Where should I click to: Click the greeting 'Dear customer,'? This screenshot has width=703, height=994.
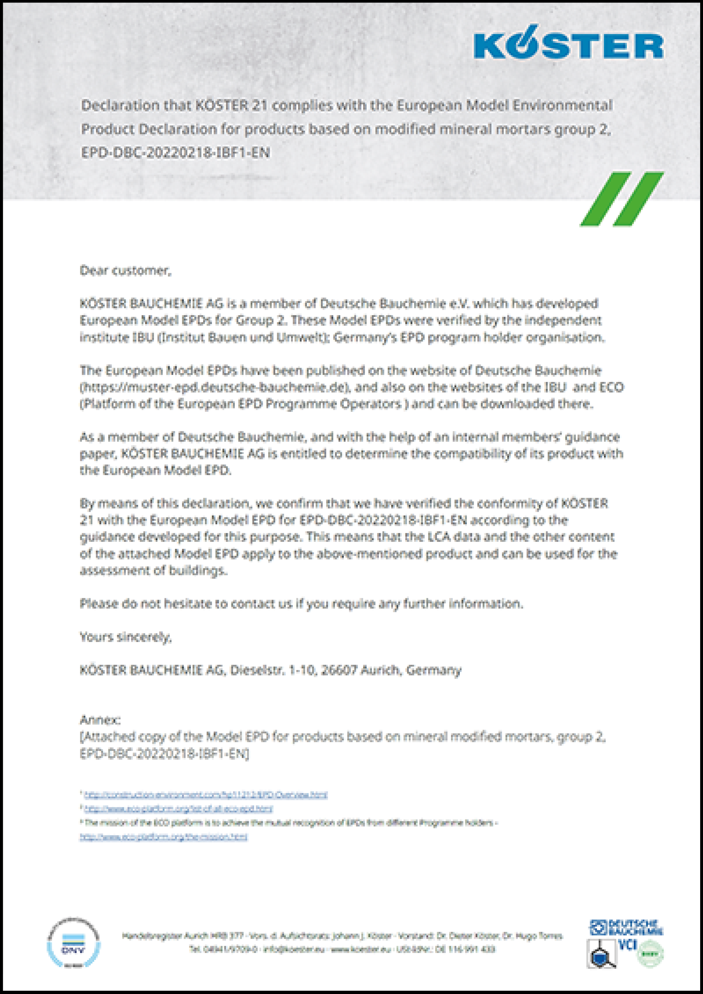pos(126,271)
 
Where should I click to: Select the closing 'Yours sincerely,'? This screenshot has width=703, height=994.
pos(126,637)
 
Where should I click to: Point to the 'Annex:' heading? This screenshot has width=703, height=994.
pos(100,720)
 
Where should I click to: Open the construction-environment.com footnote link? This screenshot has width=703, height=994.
pos(206,795)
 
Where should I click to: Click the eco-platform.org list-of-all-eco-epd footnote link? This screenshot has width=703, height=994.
pos(179,809)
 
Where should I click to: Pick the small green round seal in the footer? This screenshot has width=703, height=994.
pos(650,953)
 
